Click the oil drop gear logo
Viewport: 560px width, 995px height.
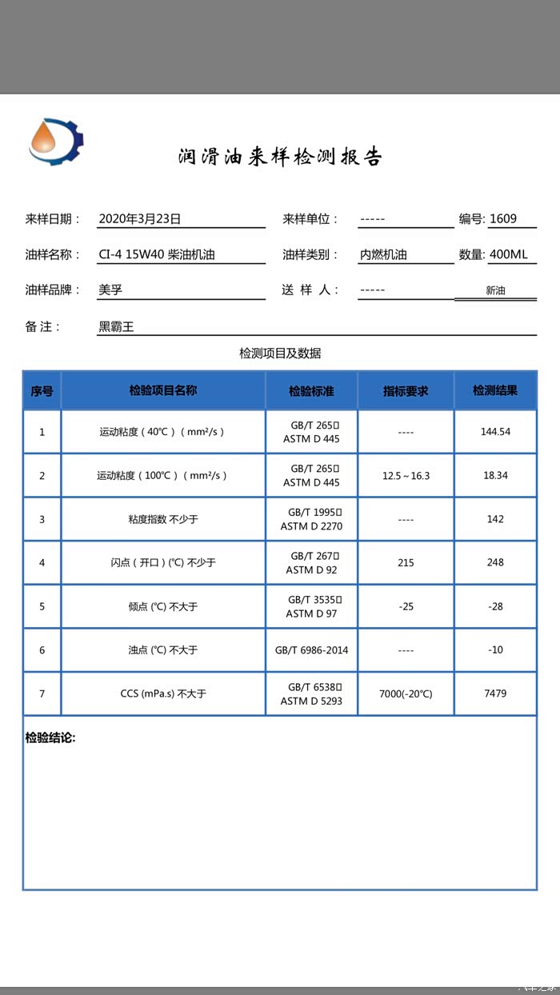point(55,142)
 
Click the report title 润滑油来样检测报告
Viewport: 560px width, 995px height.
point(280,157)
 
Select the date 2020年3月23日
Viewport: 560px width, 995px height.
point(140,218)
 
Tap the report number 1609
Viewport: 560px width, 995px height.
point(503,218)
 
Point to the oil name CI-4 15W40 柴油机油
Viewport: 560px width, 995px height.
point(157,255)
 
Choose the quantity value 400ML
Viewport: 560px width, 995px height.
point(509,255)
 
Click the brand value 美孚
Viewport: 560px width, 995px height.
point(110,290)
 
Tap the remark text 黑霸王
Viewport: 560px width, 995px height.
point(116,326)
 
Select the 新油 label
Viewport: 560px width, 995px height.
point(495,291)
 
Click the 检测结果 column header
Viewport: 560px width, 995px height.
point(495,391)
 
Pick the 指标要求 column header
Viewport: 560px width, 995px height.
point(406,391)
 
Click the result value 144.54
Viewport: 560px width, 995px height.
point(495,432)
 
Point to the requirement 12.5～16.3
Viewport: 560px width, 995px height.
point(406,476)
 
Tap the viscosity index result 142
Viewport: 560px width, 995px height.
point(495,519)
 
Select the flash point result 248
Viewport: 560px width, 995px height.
point(495,562)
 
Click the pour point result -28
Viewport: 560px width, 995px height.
point(495,606)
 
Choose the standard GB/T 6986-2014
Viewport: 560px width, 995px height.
point(312,650)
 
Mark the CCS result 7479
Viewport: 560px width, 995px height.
point(495,693)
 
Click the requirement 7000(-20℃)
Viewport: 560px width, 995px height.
point(406,694)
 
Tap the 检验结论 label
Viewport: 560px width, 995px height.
point(50,737)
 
